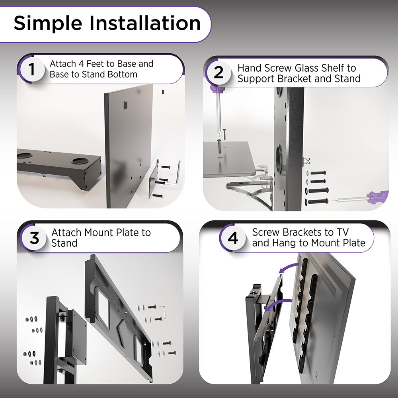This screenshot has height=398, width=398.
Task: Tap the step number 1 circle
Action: tap(32, 69)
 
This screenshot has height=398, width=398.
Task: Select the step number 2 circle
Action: tap(219, 73)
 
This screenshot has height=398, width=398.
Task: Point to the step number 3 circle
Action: tap(34, 238)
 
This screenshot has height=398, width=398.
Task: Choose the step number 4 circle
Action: tap(233, 238)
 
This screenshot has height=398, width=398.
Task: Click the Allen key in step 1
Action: tap(175, 175)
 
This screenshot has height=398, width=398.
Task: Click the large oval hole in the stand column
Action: tap(279, 159)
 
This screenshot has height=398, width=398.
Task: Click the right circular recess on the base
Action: tap(79, 161)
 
